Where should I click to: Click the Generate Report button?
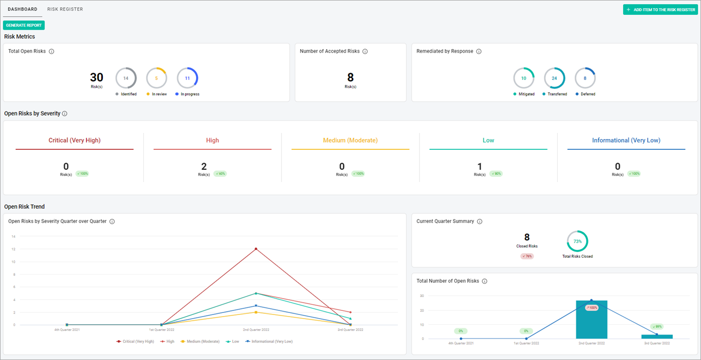coord(24,25)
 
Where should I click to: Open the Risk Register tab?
coord(65,9)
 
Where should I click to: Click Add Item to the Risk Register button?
coord(660,10)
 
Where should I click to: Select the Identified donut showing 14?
coord(126,78)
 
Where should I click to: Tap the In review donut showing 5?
coord(157,78)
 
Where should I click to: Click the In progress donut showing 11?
coord(187,78)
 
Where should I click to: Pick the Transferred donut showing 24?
coord(554,78)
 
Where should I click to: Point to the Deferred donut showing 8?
coord(585,78)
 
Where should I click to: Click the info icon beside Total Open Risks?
coord(52,52)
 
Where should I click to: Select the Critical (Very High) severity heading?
coord(75,140)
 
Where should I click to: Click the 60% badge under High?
coord(220,174)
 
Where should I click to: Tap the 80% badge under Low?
coord(496,174)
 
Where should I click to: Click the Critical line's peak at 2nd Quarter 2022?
coord(256,249)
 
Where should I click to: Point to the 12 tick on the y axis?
coord(13,249)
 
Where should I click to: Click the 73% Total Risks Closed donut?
coord(577,241)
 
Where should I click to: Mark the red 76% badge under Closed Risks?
coord(527,256)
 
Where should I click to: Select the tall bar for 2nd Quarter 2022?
coord(592,320)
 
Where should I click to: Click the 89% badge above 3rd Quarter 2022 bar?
coord(657,326)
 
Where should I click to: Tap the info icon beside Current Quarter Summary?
coord(479,222)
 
